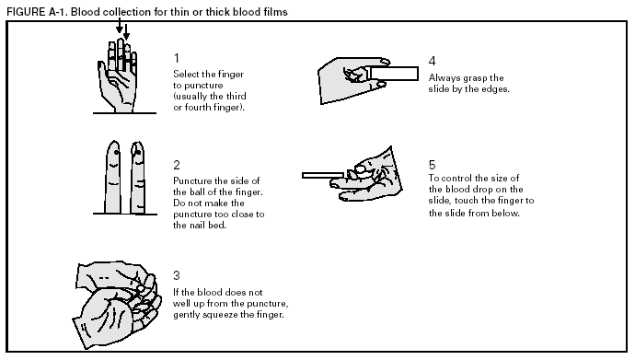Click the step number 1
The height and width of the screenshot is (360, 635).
(177, 58)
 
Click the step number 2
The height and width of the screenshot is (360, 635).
(177, 165)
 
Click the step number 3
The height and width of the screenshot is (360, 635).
(177, 274)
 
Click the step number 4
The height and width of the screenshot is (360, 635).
(433, 62)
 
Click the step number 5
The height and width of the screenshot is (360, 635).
(433, 165)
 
